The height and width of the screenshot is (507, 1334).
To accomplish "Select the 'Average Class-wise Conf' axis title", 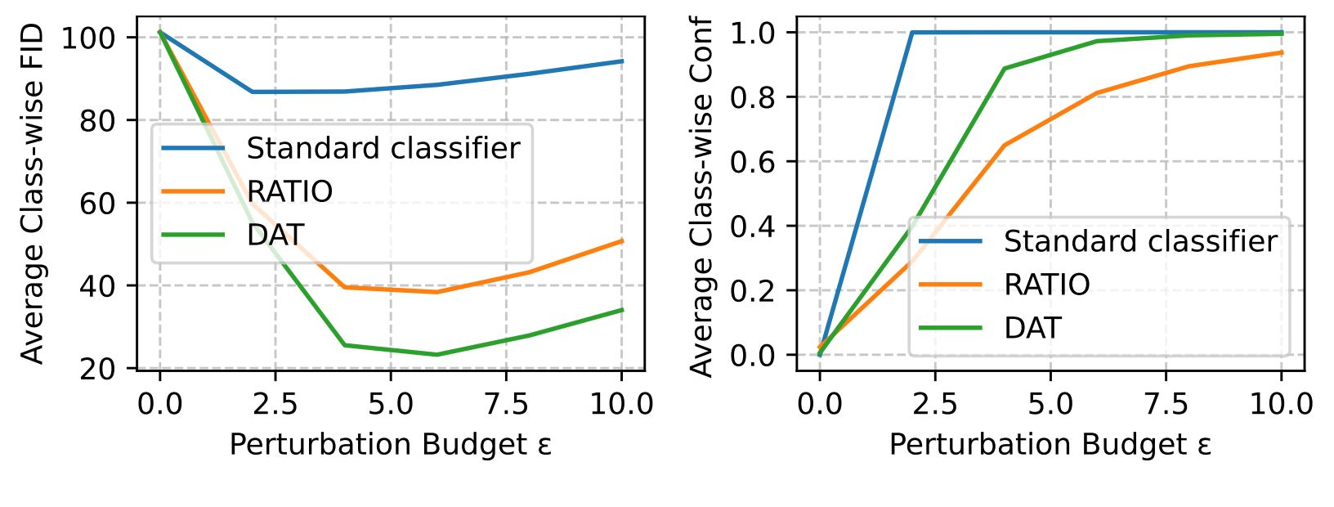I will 702,196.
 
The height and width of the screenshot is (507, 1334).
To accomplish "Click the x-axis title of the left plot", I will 390,444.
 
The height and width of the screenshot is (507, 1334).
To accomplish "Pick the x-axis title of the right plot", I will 1050,444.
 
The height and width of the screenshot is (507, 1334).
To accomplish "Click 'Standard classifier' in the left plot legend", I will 383,148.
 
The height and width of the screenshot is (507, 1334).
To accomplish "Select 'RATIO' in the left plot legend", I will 289,191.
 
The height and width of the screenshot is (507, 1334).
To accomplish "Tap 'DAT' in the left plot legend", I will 275,235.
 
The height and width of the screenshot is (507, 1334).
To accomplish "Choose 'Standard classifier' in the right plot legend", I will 1139,241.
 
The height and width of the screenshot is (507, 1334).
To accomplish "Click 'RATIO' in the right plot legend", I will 1046,285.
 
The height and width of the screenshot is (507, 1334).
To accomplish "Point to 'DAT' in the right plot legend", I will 1032,328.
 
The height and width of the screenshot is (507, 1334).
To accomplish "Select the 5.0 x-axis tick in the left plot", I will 390,404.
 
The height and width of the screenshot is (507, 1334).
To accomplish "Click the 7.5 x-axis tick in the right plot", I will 1166,404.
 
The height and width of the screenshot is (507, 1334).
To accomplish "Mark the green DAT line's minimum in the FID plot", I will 436,354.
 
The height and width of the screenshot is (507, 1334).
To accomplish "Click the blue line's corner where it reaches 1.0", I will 911,33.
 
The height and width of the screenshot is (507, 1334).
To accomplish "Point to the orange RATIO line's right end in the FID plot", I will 622,241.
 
